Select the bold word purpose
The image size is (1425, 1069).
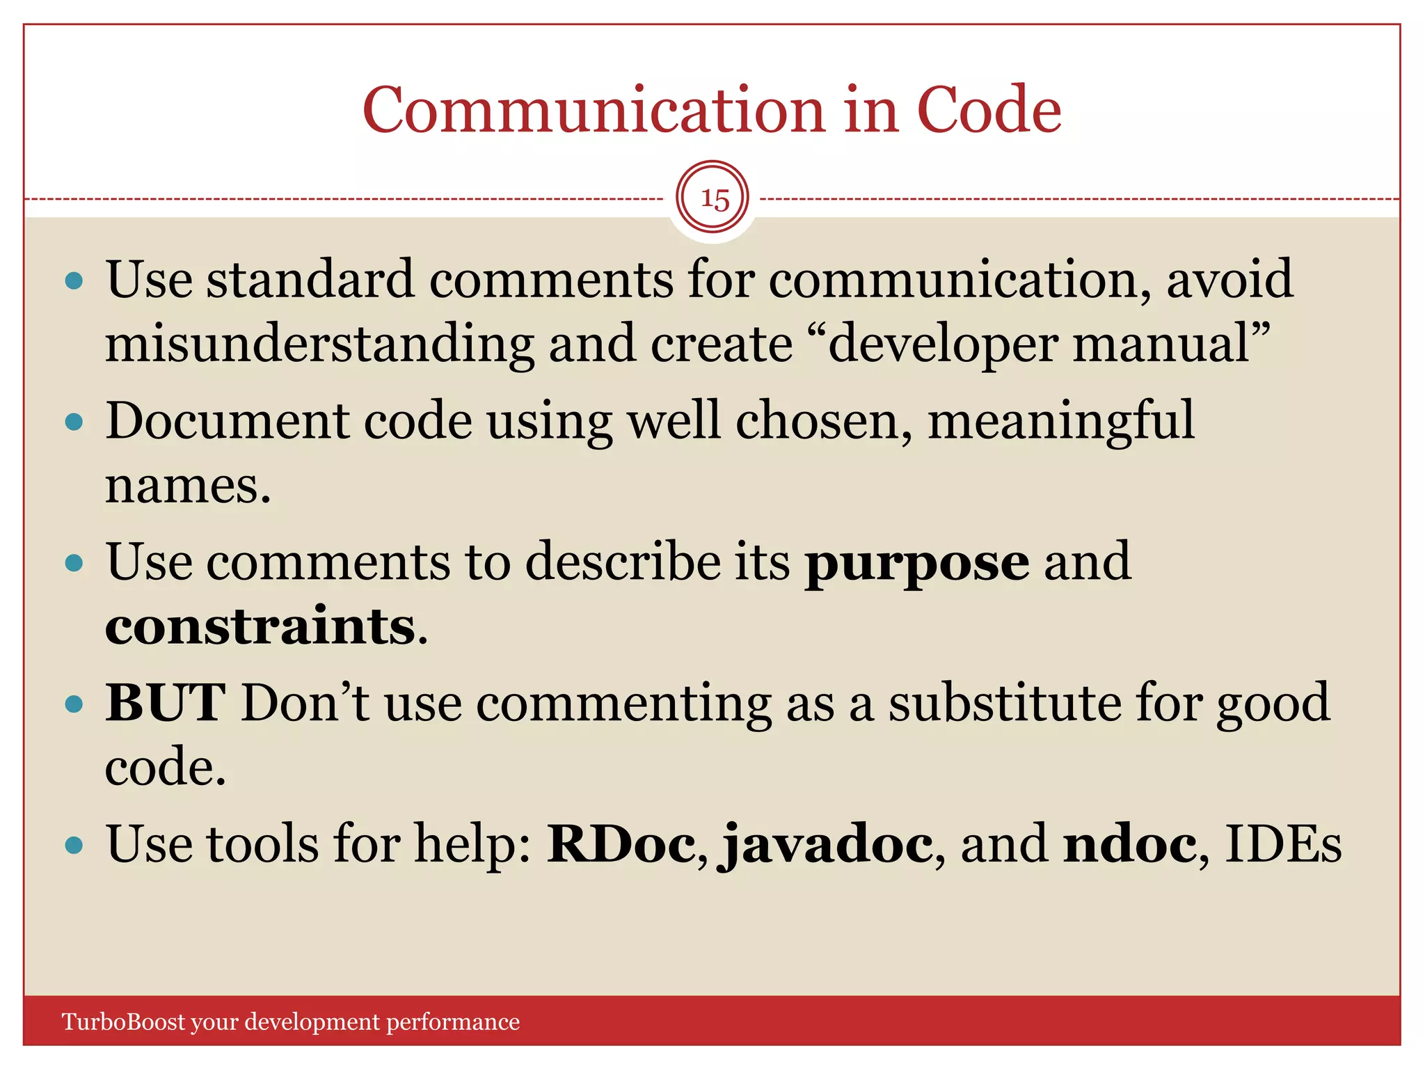coord(916,564)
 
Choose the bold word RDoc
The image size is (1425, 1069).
coord(621,844)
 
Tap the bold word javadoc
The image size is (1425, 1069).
coord(826,844)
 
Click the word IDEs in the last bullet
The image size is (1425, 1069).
coord(1282,844)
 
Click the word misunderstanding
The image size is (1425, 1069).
coord(319,345)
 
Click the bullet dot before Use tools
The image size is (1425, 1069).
coord(74,846)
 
